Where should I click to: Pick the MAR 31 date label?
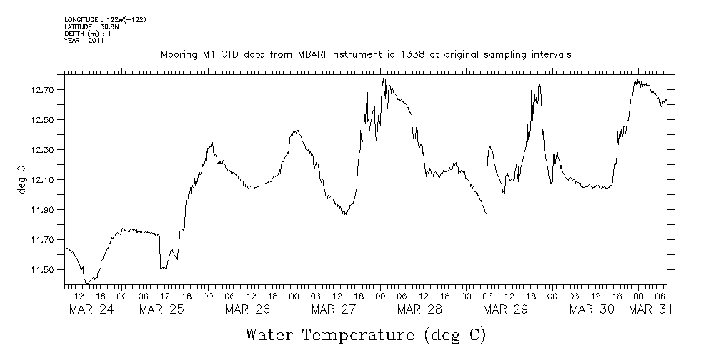650,309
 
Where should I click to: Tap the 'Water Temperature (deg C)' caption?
366,334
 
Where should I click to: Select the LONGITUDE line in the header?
105,20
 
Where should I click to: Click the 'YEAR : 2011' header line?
84,41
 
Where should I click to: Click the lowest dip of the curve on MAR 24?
86,284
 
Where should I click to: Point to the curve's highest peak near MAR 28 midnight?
384,79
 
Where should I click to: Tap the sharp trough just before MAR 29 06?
486,212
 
